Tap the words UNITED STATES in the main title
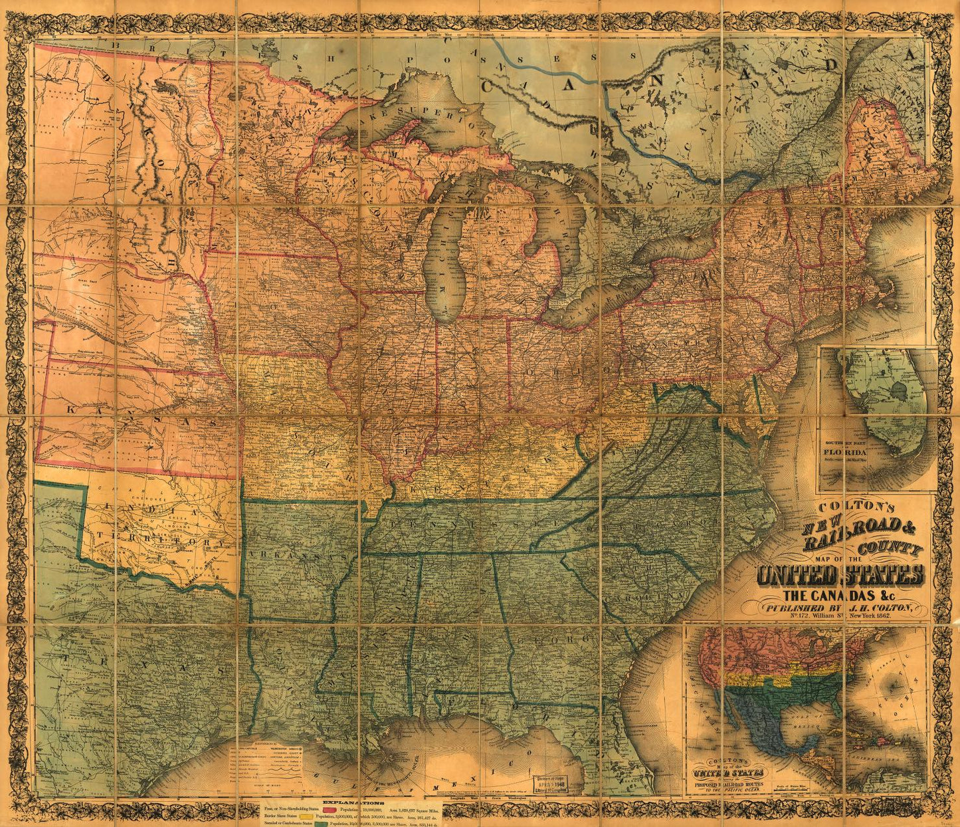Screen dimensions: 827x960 tap(840, 576)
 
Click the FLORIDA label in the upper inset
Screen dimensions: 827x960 tap(842, 455)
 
